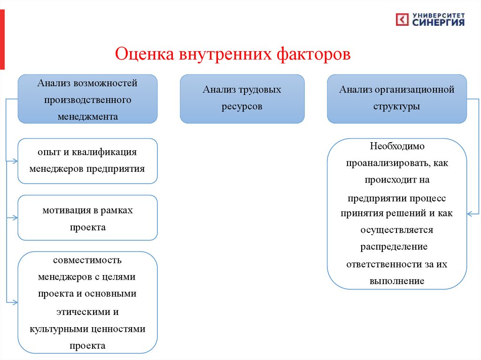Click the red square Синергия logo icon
tap(402, 19)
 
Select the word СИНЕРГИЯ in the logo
tap(439, 22)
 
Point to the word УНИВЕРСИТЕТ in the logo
tap(439, 15)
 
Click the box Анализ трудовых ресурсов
tap(242, 99)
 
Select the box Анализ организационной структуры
tap(397, 99)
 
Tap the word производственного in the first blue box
tap(87, 100)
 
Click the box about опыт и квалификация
tap(87, 161)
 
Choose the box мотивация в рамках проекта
tap(87, 218)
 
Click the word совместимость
tap(87, 260)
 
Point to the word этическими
tap(87, 312)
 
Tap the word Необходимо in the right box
tap(397, 146)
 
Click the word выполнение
tap(397, 281)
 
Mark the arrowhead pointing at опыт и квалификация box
tap(15, 161)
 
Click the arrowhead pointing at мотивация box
tap(15, 218)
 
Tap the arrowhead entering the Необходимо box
tap(470, 214)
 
